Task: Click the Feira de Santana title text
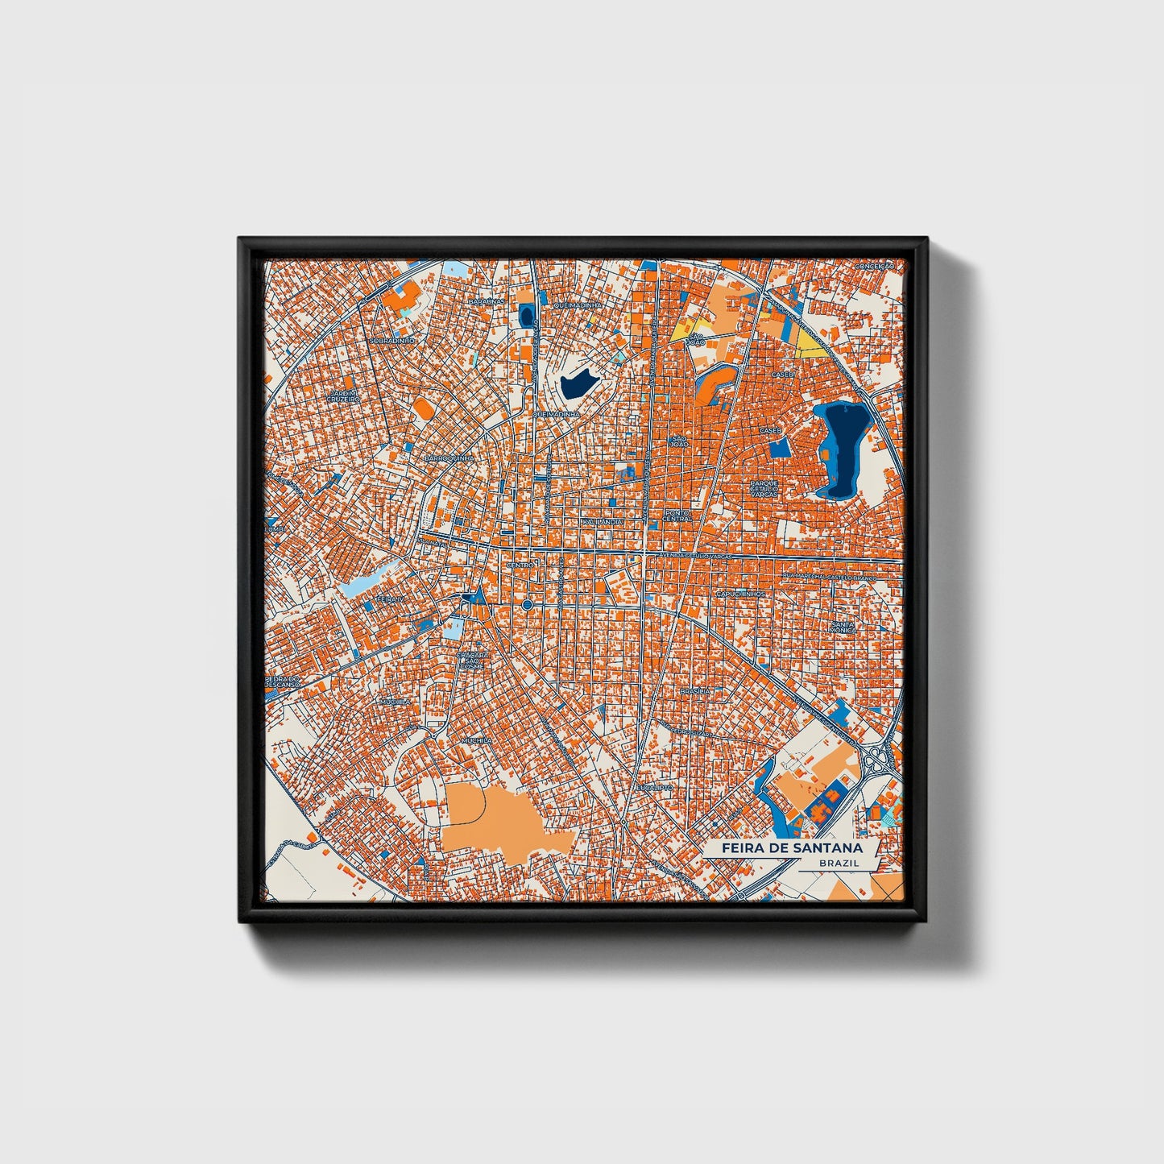[x=791, y=848]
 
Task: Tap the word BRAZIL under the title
[x=838, y=863]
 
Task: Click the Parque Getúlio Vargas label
[x=764, y=488]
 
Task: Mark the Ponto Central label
[x=677, y=515]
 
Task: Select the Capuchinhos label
[x=740, y=594]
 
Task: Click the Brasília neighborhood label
[x=695, y=691]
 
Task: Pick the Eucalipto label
[x=653, y=787]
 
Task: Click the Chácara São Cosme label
[x=473, y=660]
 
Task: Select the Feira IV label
[x=393, y=600]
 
